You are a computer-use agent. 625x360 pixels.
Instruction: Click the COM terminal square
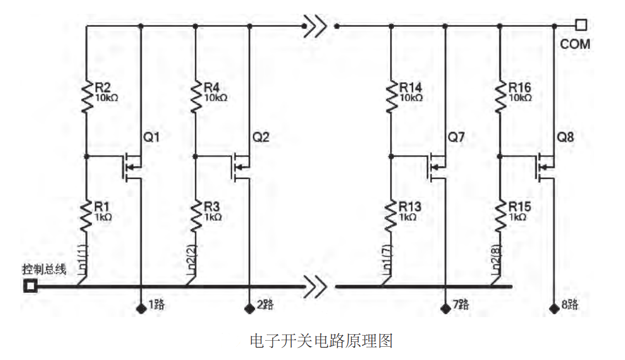point(581,25)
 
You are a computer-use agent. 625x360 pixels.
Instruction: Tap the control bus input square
point(30,286)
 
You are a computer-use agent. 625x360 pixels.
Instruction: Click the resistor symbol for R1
point(86,216)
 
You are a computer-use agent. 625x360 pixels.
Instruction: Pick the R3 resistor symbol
point(195,216)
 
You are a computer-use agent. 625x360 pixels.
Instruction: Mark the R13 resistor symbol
point(391,216)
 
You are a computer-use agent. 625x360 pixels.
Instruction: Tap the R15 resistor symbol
point(500,216)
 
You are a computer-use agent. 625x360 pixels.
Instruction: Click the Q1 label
point(151,137)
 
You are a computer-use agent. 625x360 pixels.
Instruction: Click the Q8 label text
point(565,137)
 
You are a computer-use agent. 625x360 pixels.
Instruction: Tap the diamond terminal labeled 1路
point(141,309)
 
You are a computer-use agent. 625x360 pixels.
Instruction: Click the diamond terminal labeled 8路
point(554,309)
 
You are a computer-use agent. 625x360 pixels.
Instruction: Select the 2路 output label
point(265,305)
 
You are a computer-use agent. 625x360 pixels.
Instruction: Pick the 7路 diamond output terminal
point(445,309)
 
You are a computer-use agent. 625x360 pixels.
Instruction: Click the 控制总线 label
point(44,270)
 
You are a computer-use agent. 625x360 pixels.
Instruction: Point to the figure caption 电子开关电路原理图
point(321,341)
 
